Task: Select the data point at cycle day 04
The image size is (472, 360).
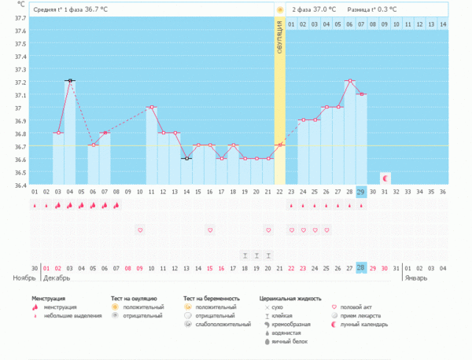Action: (x=69, y=81)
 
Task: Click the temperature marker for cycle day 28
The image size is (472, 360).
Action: (x=349, y=81)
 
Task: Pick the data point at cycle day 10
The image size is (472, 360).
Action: (x=151, y=107)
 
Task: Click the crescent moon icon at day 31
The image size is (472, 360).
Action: (x=385, y=178)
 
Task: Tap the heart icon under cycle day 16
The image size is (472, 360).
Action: (x=210, y=230)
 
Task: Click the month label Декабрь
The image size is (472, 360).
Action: (x=57, y=278)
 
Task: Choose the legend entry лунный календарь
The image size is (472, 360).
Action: (x=363, y=324)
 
